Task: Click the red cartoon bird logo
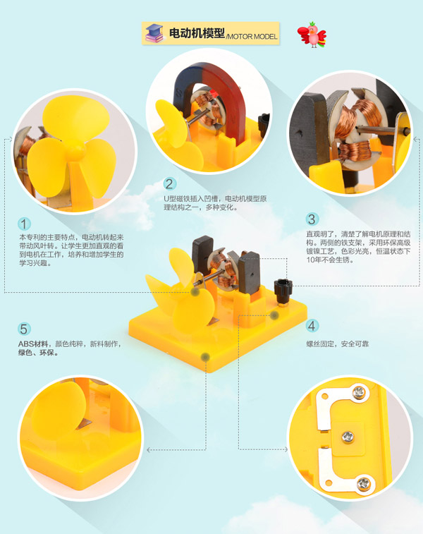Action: point(312,35)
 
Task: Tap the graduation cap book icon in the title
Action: point(154,33)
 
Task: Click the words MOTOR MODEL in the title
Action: point(252,37)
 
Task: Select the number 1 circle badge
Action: point(24,224)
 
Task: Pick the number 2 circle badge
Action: point(170,183)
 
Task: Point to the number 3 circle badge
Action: point(312,219)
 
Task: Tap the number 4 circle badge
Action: point(312,326)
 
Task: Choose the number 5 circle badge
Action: point(24,329)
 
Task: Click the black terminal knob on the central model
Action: point(283,289)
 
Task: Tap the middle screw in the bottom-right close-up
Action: point(348,436)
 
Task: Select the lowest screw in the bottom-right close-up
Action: point(364,483)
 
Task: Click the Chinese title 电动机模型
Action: point(197,33)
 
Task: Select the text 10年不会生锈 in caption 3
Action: point(330,260)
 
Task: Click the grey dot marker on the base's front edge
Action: point(205,357)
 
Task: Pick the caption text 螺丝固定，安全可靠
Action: point(337,344)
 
